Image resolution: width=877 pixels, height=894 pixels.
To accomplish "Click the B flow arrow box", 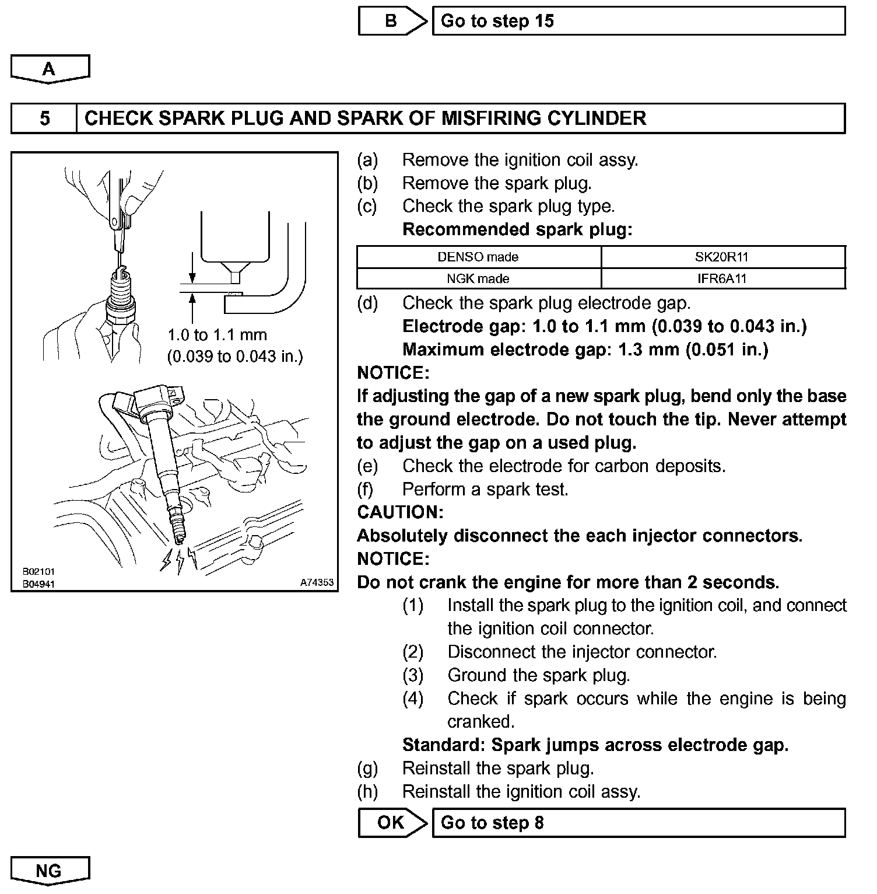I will (x=391, y=22).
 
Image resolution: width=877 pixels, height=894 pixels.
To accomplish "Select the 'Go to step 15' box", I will (x=638, y=22).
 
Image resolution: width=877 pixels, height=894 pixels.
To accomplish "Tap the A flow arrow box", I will (x=50, y=69).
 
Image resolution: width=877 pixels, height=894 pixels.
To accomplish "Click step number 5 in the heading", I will (x=44, y=118).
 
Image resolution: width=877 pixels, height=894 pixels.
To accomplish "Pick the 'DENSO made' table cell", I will (x=478, y=257).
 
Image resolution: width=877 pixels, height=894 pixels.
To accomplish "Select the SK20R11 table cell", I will (x=722, y=257).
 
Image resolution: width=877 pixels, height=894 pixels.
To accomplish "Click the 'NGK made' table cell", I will (x=478, y=279).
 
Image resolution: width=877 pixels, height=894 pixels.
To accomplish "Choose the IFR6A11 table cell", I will (x=722, y=279).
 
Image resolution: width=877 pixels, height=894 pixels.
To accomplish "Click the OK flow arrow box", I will (x=391, y=823).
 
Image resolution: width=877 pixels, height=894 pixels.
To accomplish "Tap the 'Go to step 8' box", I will (x=638, y=823).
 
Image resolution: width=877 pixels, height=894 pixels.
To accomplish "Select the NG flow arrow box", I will (x=50, y=871).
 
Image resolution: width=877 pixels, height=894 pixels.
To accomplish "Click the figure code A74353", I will (x=317, y=582).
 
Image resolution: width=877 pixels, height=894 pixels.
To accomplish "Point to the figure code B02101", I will (x=38, y=572).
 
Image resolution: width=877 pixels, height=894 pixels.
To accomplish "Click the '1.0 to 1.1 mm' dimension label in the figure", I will (x=217, y=335).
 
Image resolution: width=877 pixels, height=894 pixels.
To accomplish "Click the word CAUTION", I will (x=400, y=512).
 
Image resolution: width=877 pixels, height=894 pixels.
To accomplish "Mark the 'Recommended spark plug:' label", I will (x=517, y=229).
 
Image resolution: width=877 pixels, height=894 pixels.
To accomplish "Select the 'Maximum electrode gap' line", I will (x=585, y=350).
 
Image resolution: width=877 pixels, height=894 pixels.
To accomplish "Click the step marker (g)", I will (x=367, y=769).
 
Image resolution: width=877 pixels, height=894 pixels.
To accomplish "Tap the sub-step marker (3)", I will (x=413, y=676).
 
